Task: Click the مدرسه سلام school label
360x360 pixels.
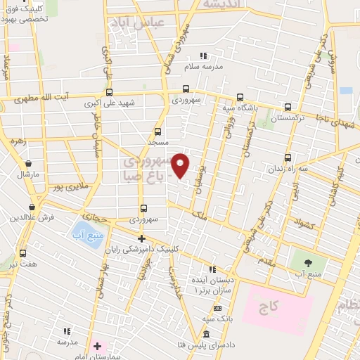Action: pos(203,66)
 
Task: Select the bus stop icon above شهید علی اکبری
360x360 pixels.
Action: pos(108,91)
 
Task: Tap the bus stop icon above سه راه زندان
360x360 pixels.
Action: pos(288,157)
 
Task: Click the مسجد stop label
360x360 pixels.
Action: pos(157,142)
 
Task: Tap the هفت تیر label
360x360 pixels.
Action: pos(23,263)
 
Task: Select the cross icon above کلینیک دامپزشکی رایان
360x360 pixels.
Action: pos(141,238)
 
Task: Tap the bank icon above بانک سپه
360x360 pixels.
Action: pos(217,309)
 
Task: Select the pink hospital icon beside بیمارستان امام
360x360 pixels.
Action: pos(98,347)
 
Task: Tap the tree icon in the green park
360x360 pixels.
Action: pos(308,262)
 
